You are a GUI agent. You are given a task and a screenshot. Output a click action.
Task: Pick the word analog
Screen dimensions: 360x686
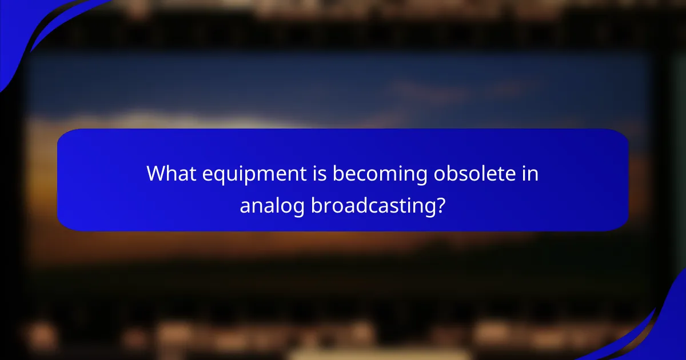tap(272, 206)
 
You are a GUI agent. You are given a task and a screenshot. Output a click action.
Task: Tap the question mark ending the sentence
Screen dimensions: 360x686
tap(439, 206)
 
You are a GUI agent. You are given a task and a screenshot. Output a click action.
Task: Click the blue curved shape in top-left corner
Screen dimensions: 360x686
tap(23, 29)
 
